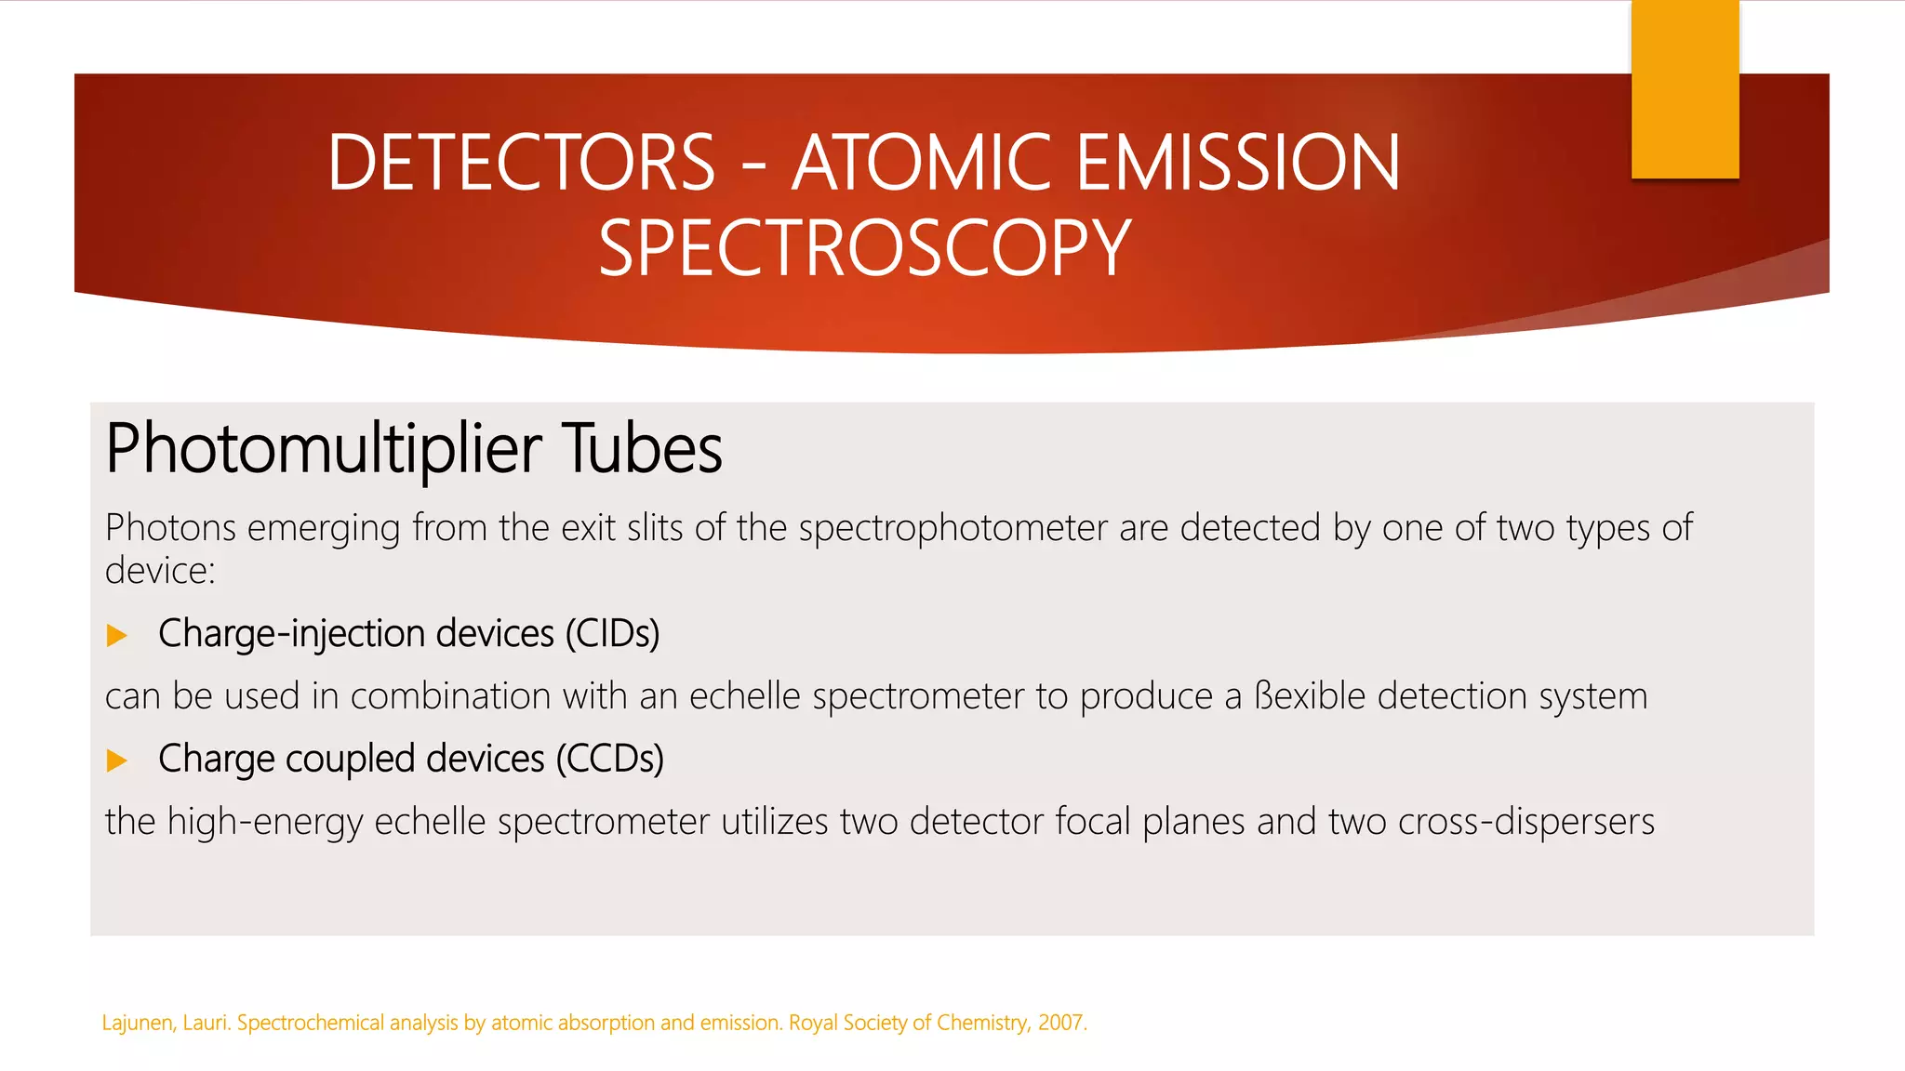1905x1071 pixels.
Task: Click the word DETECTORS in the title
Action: click(x=521, y=163)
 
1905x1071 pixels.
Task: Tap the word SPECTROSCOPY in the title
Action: click(x=864, y=248)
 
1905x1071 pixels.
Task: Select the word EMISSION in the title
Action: click(x=1237, y=163)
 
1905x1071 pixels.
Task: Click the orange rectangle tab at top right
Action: click(x=1685, y=89)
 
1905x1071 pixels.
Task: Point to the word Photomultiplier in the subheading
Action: click(x=324, y=449)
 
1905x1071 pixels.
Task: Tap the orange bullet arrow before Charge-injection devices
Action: click(x=117, y=636)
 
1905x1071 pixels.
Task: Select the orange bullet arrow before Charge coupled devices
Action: click(x=117, y=760)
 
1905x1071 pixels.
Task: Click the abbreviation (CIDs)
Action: click(x=612, y=634)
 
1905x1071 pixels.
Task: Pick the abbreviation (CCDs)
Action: click(x=610, y=759)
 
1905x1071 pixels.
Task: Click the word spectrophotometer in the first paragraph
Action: click(x=952, y=528)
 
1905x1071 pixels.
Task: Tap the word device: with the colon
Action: click(x=160, y=571)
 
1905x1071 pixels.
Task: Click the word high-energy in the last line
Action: click(x=264, y=822)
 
